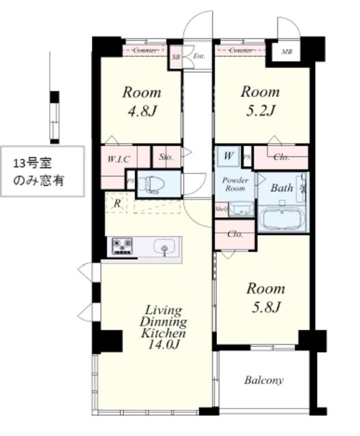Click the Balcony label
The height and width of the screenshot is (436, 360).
coord(264,380)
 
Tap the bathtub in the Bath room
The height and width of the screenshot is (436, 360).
coord(282,219)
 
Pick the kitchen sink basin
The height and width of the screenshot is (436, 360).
coord(164,246)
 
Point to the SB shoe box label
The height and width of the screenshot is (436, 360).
coord(177,56)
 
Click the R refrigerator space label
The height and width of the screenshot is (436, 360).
coord(118,203)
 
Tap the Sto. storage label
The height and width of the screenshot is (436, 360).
coord(165,157)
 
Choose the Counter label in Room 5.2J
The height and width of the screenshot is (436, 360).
coord(241,50)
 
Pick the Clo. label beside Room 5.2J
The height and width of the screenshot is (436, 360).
coord(282,157)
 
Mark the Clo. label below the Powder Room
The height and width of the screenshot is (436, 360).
coord(234,234)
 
